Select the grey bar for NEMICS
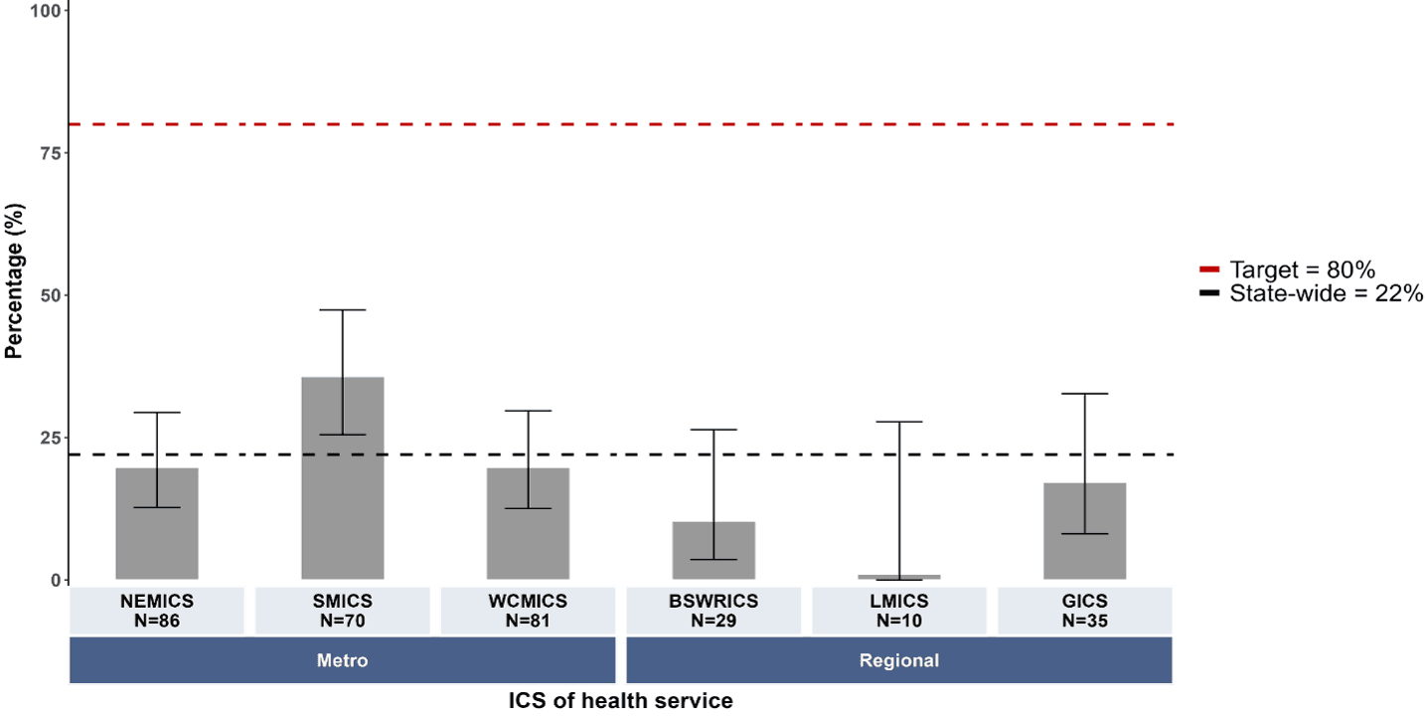click(x=157, y=524)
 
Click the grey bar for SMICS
click(x=343, y=478)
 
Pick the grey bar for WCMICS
click(x=528, y=524)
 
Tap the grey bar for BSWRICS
click(x=713, y=551)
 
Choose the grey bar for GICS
click(x=1085, y=531)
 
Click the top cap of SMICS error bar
click(x=343, y=309)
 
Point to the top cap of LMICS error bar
click(x=899, y=422)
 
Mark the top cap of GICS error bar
click(x=1085, y=394)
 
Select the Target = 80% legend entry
click(x=1287, y=270)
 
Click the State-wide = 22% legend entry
click(x=1311, y=293)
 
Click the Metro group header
click(x=343, y=660)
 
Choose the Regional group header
click(x=899, y=660)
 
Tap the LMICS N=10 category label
click(x=899, y=611)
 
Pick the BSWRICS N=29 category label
click(x=713, y=611)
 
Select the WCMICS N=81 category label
click(x=528, y=611)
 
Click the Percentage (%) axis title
click(x=14, y=281)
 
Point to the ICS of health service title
click(x=621, y=701)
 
